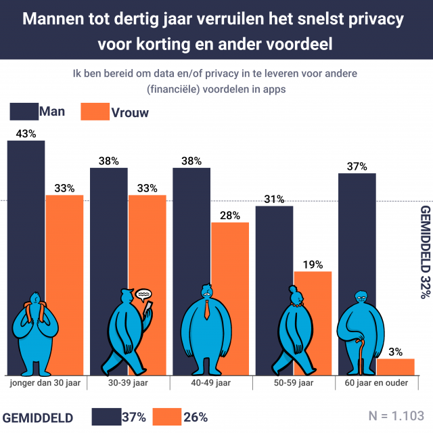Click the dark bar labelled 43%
(26, 203)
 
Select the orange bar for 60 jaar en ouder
(395, 367)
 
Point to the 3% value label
(396, 351)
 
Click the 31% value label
(274, 199)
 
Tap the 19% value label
(313, 265)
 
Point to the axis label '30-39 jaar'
(128, 383)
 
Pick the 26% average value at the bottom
(196, 416)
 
